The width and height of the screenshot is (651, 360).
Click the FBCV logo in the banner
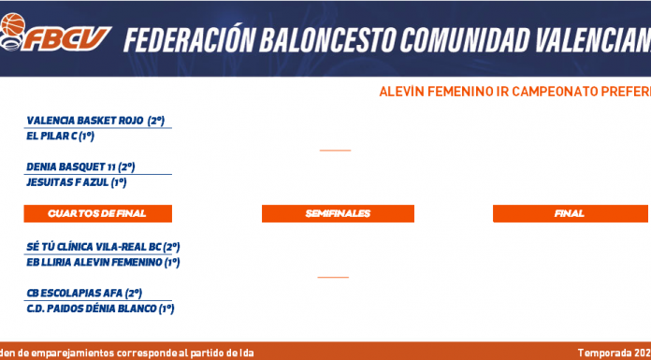[x=55, y=33]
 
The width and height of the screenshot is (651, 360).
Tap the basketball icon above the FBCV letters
[x=13, y=24]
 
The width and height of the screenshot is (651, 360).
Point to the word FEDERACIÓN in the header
[x=189, y=40]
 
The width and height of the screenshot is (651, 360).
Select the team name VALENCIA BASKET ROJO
[x=86, y=121]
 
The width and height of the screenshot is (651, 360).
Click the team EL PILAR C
[x=51, y=137]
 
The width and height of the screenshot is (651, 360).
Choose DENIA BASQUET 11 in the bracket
[x=71, y=167]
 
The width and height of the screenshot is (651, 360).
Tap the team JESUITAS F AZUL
[x=67, y=182]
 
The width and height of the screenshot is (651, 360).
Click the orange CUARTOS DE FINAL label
[x=97, y=213]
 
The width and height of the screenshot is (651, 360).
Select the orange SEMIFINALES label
[x=338, y=213]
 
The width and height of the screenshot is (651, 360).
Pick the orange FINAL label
[x=570, y=213]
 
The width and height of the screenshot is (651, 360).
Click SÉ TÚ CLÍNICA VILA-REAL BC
[x=94, y=247]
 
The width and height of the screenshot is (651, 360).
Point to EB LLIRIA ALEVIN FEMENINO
[x=94, y=263]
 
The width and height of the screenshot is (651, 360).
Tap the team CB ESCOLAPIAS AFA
[x=75, y=294]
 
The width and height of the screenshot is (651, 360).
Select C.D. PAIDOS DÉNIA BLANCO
[x=92, y=309]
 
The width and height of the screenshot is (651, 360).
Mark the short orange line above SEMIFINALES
[x=336, y=151]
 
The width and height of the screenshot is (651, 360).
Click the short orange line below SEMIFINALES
[x=333, y=277]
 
